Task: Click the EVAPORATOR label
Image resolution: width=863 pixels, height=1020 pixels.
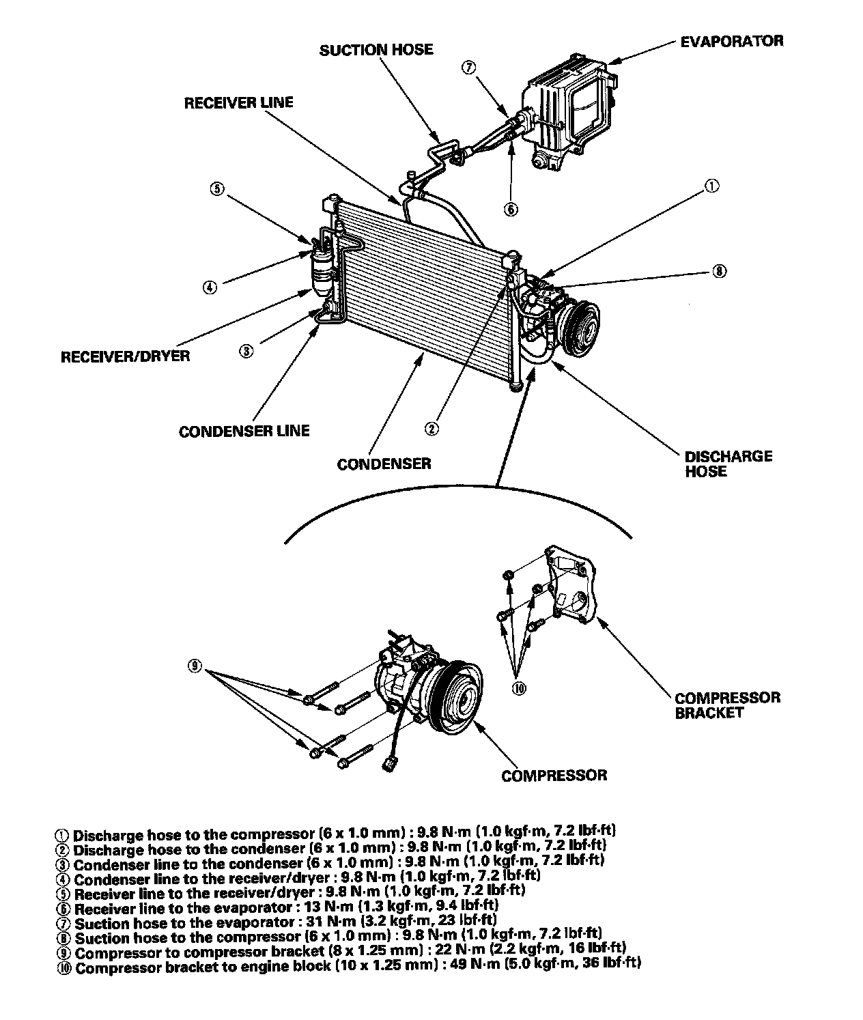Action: point(732,41)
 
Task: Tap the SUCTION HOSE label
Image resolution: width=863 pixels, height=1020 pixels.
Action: point(376,49)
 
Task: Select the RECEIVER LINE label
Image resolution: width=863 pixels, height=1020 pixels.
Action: point(238,103)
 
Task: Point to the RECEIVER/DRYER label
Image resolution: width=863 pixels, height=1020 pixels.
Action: point(126,356)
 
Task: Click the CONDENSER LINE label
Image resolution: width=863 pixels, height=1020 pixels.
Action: point(244,431)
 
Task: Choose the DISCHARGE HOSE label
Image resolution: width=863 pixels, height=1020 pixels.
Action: point(728,464)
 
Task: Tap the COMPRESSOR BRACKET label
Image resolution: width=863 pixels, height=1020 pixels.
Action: point(726,705)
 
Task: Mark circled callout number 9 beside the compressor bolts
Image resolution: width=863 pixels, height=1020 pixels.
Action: point(195,666)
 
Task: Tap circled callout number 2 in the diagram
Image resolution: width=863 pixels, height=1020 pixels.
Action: point(431,428)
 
